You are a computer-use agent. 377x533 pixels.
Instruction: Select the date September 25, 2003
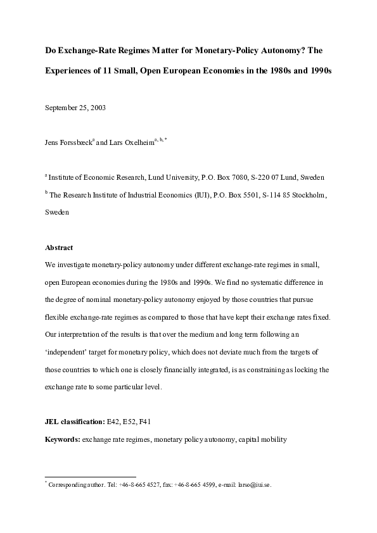point(75,107)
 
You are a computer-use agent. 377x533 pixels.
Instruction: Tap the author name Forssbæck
point(75,144)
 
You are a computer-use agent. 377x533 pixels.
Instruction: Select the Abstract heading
point(59,248)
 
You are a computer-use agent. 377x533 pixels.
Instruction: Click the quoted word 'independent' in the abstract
point(67,350)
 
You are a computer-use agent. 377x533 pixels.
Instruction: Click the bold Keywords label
point(62,437)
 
